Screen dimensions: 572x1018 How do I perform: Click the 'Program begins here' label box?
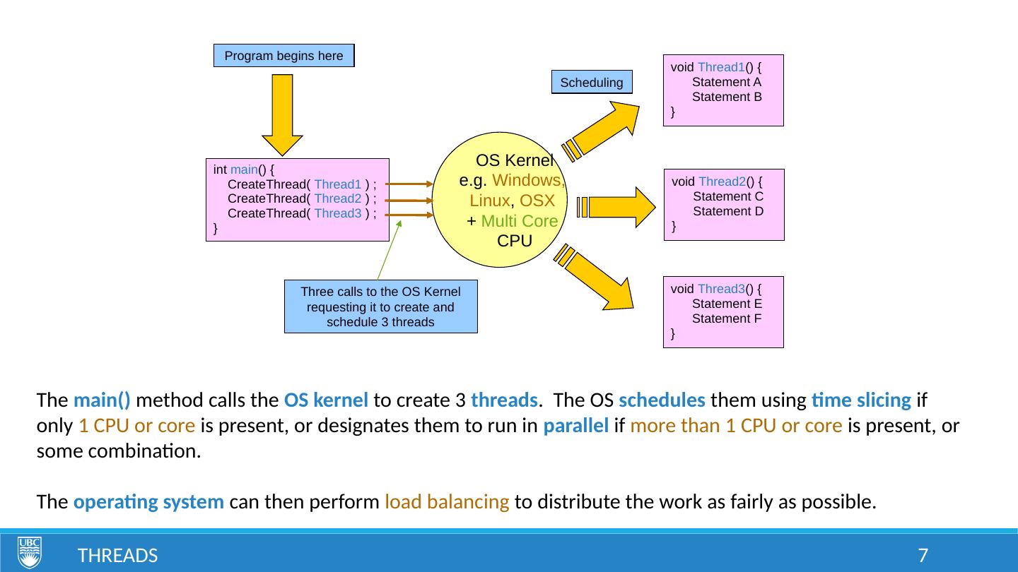283,56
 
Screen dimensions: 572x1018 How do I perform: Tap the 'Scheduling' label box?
592,83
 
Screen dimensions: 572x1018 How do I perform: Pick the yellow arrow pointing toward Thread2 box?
618,207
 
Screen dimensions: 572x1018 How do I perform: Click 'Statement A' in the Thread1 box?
726,82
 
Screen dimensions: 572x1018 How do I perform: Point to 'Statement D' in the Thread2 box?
728,211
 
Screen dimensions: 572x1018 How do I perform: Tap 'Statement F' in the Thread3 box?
726,318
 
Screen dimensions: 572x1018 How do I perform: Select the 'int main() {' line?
244,169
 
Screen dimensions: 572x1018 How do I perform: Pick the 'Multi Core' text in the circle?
519,222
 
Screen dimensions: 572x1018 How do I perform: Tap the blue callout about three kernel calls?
380,306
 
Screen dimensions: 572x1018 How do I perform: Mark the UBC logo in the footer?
30,552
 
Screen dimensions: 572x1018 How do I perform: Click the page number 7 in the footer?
922,556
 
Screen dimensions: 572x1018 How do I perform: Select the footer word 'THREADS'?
117,556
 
